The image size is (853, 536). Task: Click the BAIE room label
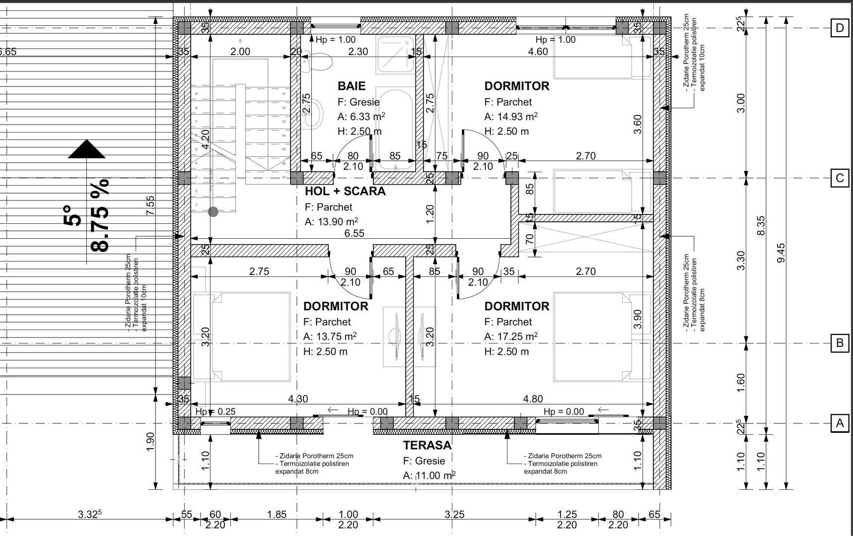[352, 86]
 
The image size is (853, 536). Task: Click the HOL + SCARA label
[345, 192]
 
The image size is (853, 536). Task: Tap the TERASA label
[427, 445]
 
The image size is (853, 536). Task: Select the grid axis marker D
[839, 28]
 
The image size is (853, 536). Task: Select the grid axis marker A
[839, 423]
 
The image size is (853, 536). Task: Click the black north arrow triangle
[86, 149]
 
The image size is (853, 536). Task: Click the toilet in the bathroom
[318, 62]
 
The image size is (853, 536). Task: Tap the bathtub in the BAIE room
[394, 124]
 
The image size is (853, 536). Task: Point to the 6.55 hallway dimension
[354, 233]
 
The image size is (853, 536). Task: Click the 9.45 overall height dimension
[781, 253]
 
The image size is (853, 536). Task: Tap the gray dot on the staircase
[213, 212]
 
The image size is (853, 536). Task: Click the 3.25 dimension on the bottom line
[454, 514]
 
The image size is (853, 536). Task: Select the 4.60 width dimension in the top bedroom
[538, 52]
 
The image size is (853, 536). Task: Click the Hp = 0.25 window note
[215, 411]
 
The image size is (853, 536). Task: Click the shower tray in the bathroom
[394, 54]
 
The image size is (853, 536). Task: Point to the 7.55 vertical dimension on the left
[150, 205]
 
